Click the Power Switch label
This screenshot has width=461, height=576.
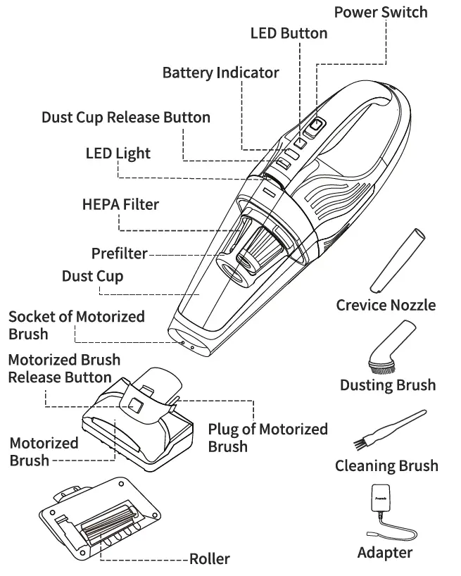pos(380,12)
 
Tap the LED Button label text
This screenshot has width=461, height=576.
pos(289,33)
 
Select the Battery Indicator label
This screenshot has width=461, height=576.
pos(220,73)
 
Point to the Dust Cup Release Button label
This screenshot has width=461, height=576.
pos(125,117)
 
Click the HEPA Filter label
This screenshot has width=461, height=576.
pos(120,205)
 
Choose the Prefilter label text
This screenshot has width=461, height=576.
pos(119,253)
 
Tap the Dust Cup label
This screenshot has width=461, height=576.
pos(92,276)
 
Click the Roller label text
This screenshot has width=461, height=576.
pos(209,559)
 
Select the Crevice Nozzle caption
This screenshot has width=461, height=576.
pos(385,305)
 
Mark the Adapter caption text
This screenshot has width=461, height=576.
pos(384,553)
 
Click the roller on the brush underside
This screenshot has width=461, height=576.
pos(109,525)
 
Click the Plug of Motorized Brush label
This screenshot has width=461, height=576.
pos(267,437)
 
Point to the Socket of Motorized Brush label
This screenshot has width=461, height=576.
pos(76,325)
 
